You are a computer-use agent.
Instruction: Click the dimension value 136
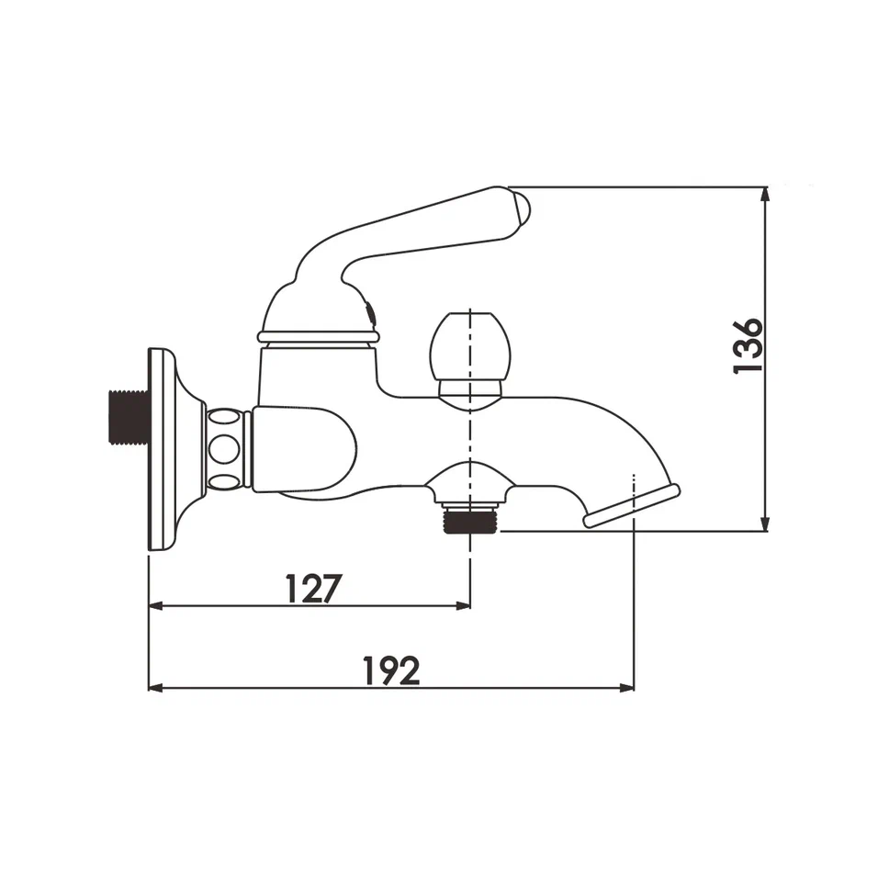pos(749,344)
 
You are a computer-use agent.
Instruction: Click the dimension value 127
pos(312,588)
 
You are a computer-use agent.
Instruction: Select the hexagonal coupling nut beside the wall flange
pos(227,449)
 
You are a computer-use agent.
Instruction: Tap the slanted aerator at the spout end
pos(632,506)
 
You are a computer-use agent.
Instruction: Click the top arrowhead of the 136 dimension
pos(764,194)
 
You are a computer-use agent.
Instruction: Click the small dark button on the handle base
pos(369,313)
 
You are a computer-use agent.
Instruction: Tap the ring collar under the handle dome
pos(317,336)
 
